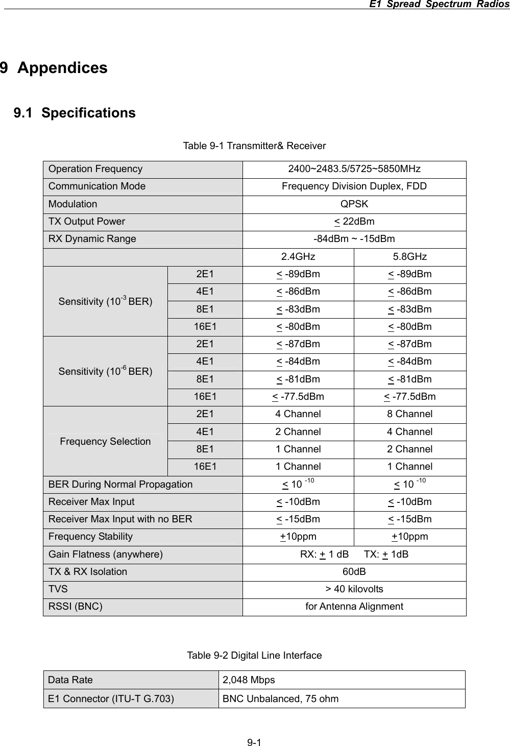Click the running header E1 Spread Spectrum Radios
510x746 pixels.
pos(439,5)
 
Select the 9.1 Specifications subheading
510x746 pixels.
pos(75,113)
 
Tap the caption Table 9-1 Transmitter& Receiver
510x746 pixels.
pos(254,146)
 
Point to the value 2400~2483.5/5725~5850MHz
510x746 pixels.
pos(354,169)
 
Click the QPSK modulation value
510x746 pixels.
pos(354,204)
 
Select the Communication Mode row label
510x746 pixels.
pos(97,186)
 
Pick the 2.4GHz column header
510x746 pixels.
pos(298,256)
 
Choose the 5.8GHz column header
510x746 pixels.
pos(409,256)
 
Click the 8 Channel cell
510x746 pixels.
pos(409,414)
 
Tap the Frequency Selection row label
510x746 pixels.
pos(105,441)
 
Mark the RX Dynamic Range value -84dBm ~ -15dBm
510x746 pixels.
pos(354,239)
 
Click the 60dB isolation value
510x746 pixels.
pos(354,572)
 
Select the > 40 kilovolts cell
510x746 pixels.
pos(354,589)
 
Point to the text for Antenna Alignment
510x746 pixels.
pos(354,607)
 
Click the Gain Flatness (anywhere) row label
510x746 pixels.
pos(106,555)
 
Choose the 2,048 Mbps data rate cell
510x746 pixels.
pos(249,680)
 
